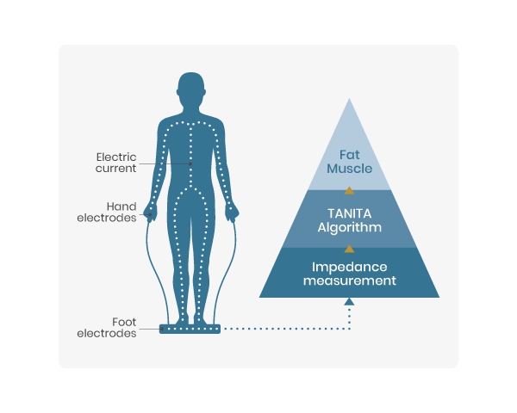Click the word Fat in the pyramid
[349, 154]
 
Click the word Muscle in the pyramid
[349, 169]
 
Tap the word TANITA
[349, 213]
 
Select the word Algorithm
[349, 228]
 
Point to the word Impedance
[349, 266]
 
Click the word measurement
[349, 280]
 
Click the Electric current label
[116, 163]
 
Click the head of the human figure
[191, 89]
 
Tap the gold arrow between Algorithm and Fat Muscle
[349, 190]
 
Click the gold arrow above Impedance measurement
[349, 248]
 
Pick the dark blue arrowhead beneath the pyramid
[349, 301]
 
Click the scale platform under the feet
[190, 329]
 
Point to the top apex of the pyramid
[349, 101]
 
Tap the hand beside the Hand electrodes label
[151, 212]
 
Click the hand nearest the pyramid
[231, 212]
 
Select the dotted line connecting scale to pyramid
[284, 329]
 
